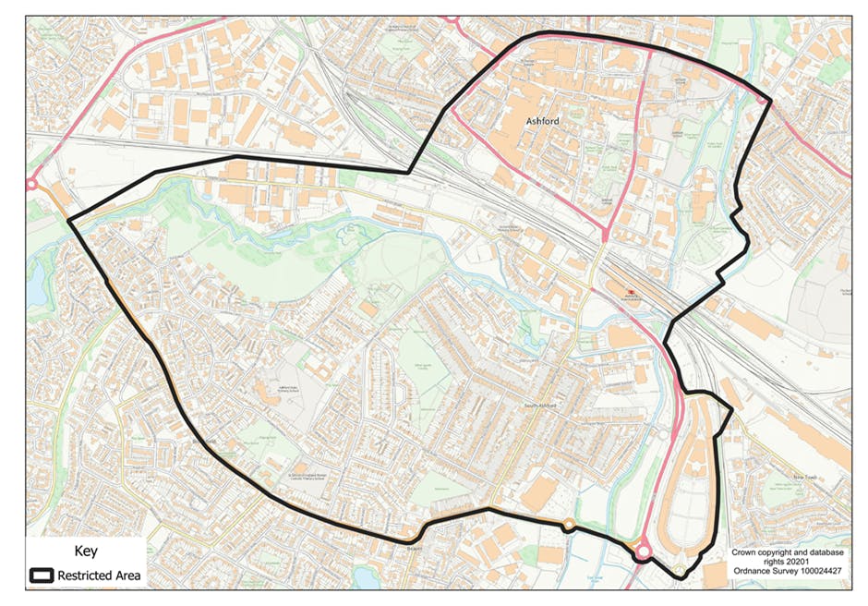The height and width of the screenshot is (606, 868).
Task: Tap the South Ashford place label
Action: pyautogui.click(x=544, y=405)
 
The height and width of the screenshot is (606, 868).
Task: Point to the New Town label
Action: pyautogui.click(x=807, y=478)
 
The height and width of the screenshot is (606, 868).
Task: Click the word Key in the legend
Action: pyautogui.click(x=85, y=551)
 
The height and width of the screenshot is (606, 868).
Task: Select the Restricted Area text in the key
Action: pyautogui.click(x=100, y=575)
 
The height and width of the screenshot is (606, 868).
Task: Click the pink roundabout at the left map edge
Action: pyautogui.click(x=32, y=184)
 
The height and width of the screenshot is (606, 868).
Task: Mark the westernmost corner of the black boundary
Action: pyautogui.click(x=69, y=220)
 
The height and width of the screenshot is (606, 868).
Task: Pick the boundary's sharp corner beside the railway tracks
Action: pyautogui.click(x=408, y=171)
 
